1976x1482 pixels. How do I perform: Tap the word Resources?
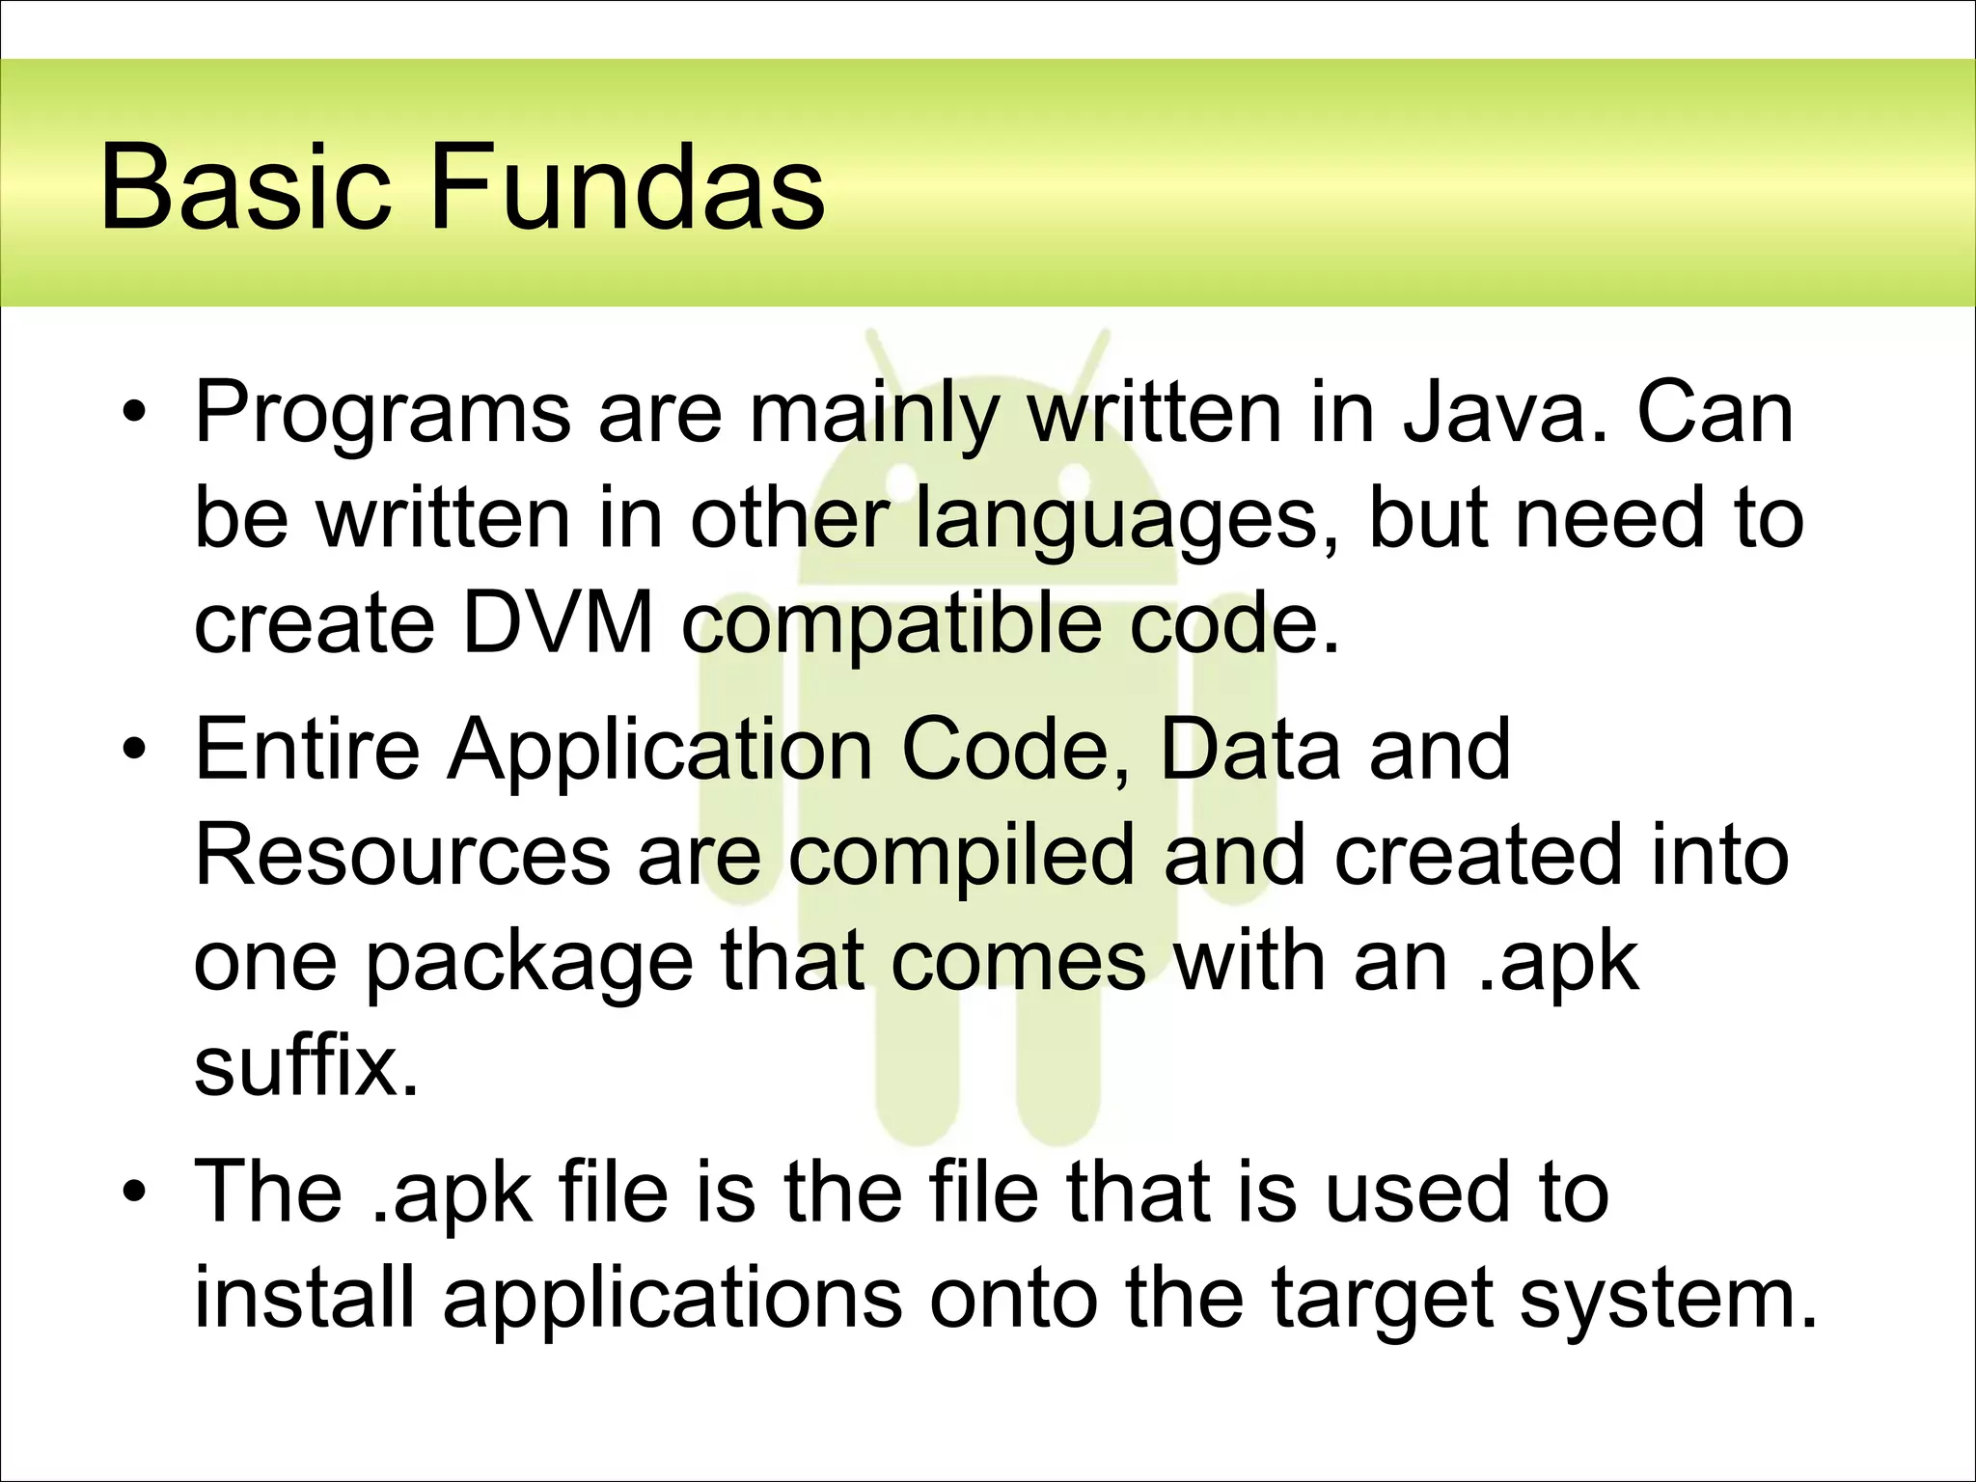403,855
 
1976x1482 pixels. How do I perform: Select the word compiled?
961,857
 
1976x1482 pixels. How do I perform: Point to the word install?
304,1297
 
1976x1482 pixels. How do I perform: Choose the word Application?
660,751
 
